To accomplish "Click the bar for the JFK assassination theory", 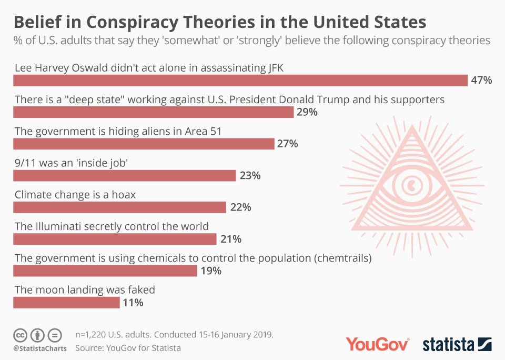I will [240, 80].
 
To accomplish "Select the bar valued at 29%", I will [153, 112].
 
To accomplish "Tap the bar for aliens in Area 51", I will [144, 144].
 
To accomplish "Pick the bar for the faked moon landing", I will [66, 303].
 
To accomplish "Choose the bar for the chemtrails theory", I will [105, 271].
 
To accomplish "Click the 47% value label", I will [481, 81].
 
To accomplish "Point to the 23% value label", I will [250, 176].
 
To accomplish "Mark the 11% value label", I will [133, 303].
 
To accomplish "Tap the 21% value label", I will [230, 239].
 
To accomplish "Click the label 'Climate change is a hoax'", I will [75, 195].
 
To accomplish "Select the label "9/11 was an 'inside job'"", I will [72, 163].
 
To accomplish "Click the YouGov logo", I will [377, 344].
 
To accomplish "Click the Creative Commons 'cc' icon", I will [20, 335].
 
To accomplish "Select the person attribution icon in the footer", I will [37, 335].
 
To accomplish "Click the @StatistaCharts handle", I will [40, 348].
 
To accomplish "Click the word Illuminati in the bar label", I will [57, 226].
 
